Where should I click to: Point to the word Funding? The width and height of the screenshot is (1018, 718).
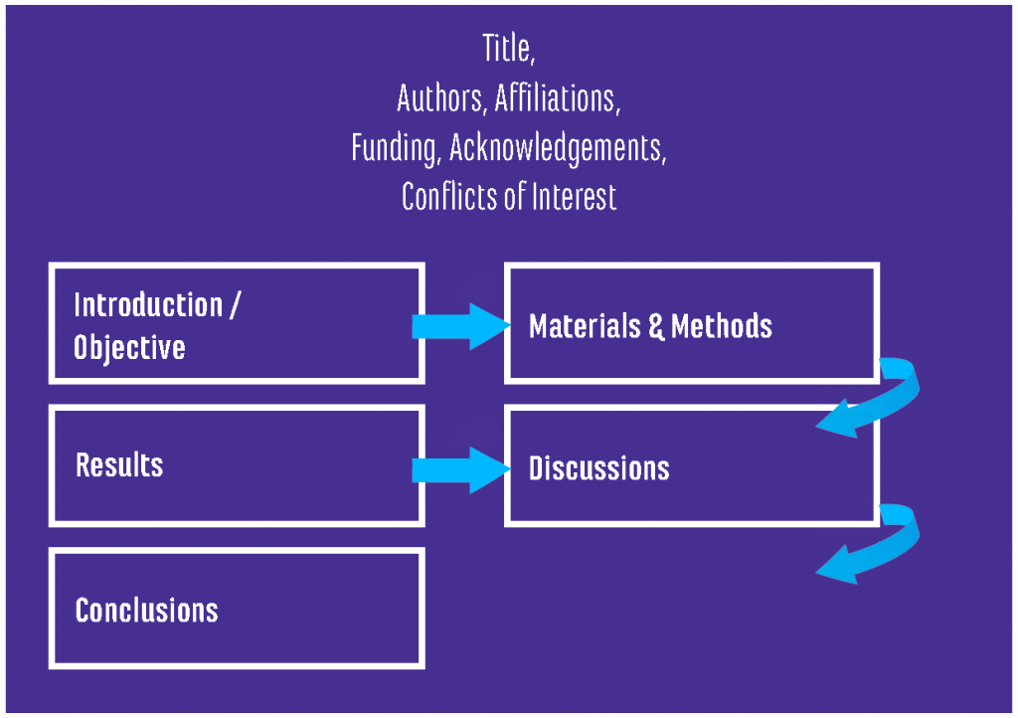pyautogui.click(x=396, y=147)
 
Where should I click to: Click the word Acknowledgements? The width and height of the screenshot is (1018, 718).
pyautogui.click(x=557, y=147)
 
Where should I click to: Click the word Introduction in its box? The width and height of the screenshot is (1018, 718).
pyautogui.click(x=148, y=304)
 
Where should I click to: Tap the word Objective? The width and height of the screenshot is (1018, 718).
pyautogui.click(x=129, y=347)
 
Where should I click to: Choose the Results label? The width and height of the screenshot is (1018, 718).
pyautogui.click(x=119, y=465)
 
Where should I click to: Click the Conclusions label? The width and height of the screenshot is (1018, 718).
pyautogui.click(x=147, y=610)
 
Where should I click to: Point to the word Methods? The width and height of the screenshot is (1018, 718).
pyautogui.click(x=722, y=326)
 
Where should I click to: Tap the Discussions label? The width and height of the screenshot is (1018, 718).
pyautogui.click(x=598, y=468)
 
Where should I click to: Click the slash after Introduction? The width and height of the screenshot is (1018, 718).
pyautogui.click(x=234, y=304)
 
